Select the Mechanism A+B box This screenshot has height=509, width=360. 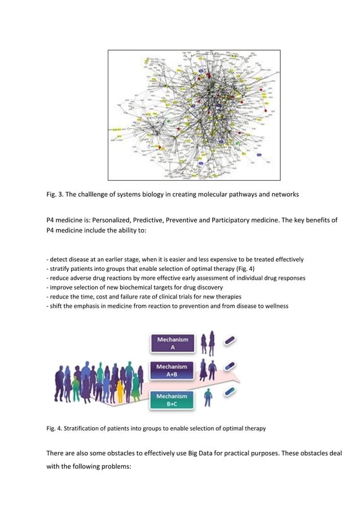click(x=173, y=370)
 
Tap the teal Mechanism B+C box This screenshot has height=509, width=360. click(x=173, y=400)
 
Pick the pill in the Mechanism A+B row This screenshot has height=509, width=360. click(x=230, y=367)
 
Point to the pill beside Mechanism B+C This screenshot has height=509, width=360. click(x=230, y=392)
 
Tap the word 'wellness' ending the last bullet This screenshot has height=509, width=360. click(x=276, y=306)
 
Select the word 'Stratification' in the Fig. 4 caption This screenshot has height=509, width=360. click(x=82, y=429)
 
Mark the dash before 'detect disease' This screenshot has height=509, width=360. click(x=47, y=260)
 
